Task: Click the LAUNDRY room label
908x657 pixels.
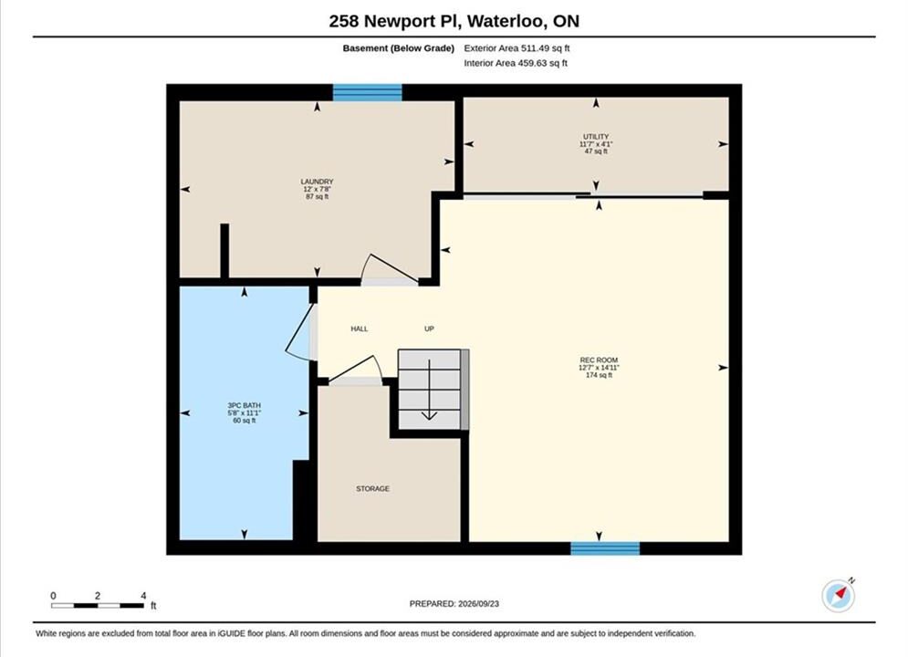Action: tap(317, 182)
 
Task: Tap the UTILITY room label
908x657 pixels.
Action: tap(596, 137)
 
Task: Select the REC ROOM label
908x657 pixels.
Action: tap(599, 360)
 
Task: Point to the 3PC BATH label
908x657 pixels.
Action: tap(244, 405)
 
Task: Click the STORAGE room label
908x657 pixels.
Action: tap(372, 488)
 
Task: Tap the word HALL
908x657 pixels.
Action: tap(359, 328)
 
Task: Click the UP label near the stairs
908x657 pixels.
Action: tap(429, 328)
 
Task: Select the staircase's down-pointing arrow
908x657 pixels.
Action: tap(429, 389)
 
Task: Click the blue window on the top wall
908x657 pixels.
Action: tap(367, 92)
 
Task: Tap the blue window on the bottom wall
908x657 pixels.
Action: tap(605, 548)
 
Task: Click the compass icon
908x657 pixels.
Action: tap(838, 596)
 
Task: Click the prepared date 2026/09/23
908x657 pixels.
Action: tap(478, 604)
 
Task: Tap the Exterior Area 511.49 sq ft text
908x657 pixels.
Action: tap(517, 48)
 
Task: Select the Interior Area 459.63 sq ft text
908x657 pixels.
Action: tap(516, 63)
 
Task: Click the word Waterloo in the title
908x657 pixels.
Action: tap(505, 21)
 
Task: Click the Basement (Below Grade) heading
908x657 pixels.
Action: tap(399, 48)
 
